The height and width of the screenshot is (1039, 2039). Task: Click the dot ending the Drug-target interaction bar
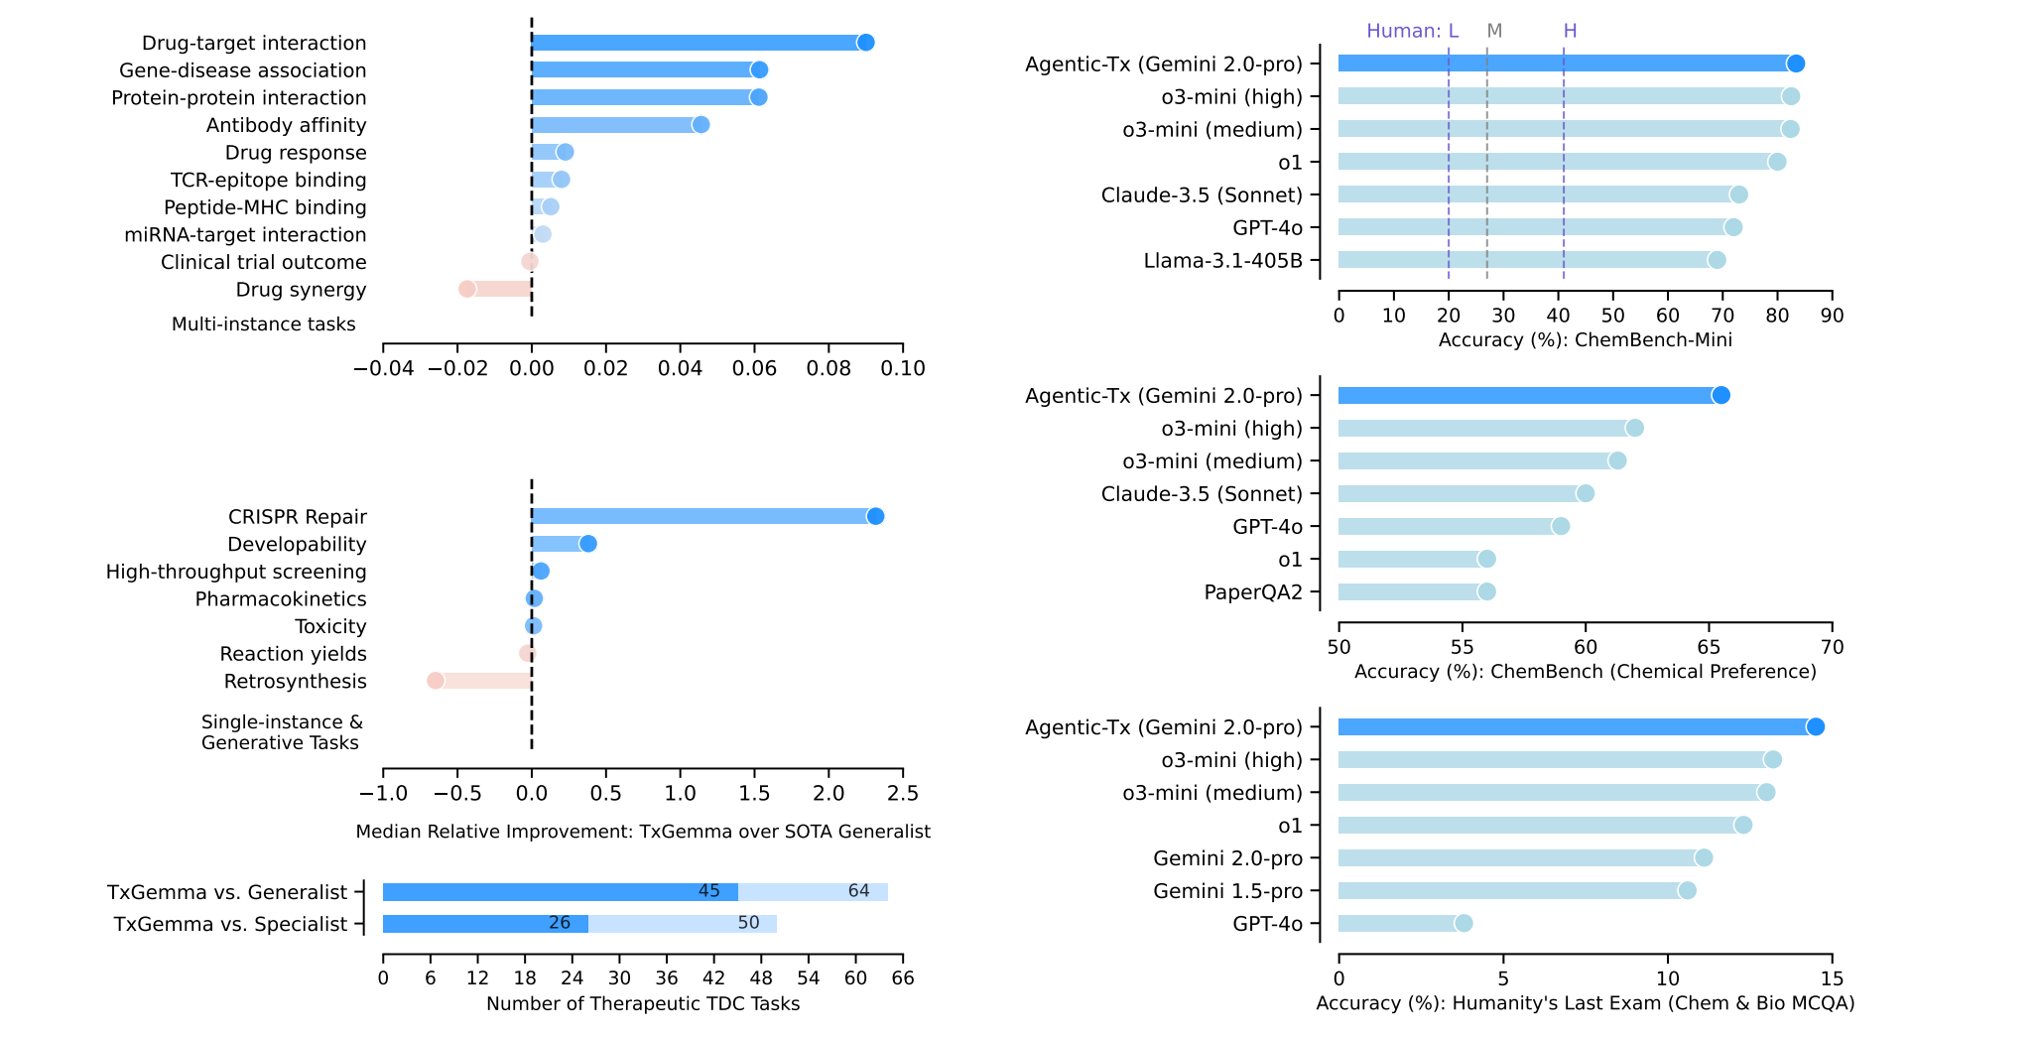(x=865, y=43)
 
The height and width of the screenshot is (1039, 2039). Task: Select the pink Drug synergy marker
(x=467, y=289)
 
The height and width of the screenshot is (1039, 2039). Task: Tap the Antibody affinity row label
(x=286, y=125)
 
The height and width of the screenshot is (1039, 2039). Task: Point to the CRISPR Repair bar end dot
(x=875, y=516)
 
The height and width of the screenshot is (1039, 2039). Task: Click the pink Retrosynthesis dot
(x=436, y=681)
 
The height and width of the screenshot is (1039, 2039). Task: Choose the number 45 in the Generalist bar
(x=708, y=891)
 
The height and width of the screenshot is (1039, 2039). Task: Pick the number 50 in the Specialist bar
(x=748, y=923)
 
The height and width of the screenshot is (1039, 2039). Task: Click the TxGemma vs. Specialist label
(x=230, y=924)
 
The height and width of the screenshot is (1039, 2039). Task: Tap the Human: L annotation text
(x=1412, y=31)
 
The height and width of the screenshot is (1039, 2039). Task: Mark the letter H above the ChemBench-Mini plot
(x=1570, y=31)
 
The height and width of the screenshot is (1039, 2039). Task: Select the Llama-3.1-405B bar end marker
(x=1717, y=260)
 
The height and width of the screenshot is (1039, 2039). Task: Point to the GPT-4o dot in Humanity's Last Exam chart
(x=1464, y=923)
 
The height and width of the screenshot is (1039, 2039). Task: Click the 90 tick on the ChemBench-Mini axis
(x=1832, y=316)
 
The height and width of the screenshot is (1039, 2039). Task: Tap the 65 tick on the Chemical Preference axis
(x=1709, y=647)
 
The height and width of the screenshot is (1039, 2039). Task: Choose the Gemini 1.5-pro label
(x=1227, y=890)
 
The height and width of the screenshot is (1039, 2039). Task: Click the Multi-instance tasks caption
(x=263, y=324)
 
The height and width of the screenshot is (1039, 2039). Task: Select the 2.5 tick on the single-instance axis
(x=902, y=793)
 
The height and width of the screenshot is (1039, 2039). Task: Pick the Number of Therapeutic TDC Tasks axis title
(x=643, y=1003)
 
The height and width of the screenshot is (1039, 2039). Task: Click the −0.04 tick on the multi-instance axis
(x=384, y=368)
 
